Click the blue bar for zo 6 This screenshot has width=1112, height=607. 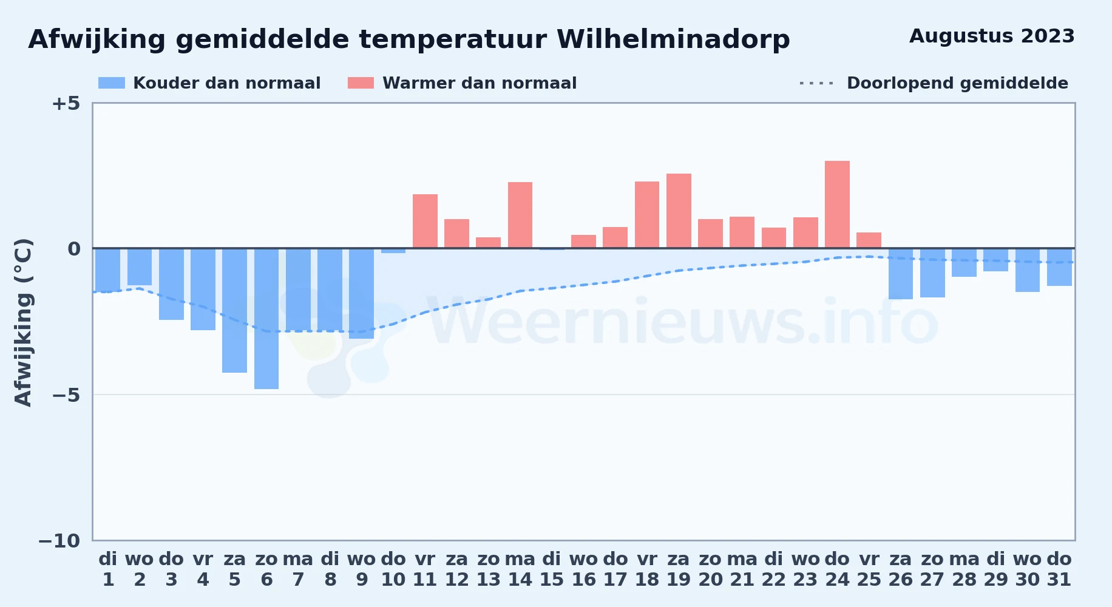point(266,319)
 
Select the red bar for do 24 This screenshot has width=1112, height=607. point(837,205)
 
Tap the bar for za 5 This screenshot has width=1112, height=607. point(234,310)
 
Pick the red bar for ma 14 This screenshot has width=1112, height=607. point(520,215)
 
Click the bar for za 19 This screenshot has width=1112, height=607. point(679,211)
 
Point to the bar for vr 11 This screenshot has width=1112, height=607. point(425,221)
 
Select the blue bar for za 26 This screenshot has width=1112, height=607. point(901,274)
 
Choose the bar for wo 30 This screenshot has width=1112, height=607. point(1028,270)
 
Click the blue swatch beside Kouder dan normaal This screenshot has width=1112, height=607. point(112,83)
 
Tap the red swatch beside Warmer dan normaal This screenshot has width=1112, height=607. point(361,83)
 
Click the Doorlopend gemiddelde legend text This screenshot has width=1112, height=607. point(957,83)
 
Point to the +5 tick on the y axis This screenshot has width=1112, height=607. point(66,103)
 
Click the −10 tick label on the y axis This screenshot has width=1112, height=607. point(59,541)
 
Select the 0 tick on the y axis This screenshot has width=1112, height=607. point(74,248)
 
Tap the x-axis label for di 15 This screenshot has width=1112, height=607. point(552,569)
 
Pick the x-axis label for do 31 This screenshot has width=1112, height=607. point(1059,569)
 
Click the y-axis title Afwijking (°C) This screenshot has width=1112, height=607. point(23,322)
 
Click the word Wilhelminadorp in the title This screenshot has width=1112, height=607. point(673,39)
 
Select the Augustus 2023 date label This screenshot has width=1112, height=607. point(992,36)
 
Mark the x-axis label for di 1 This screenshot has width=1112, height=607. point(108,569)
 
